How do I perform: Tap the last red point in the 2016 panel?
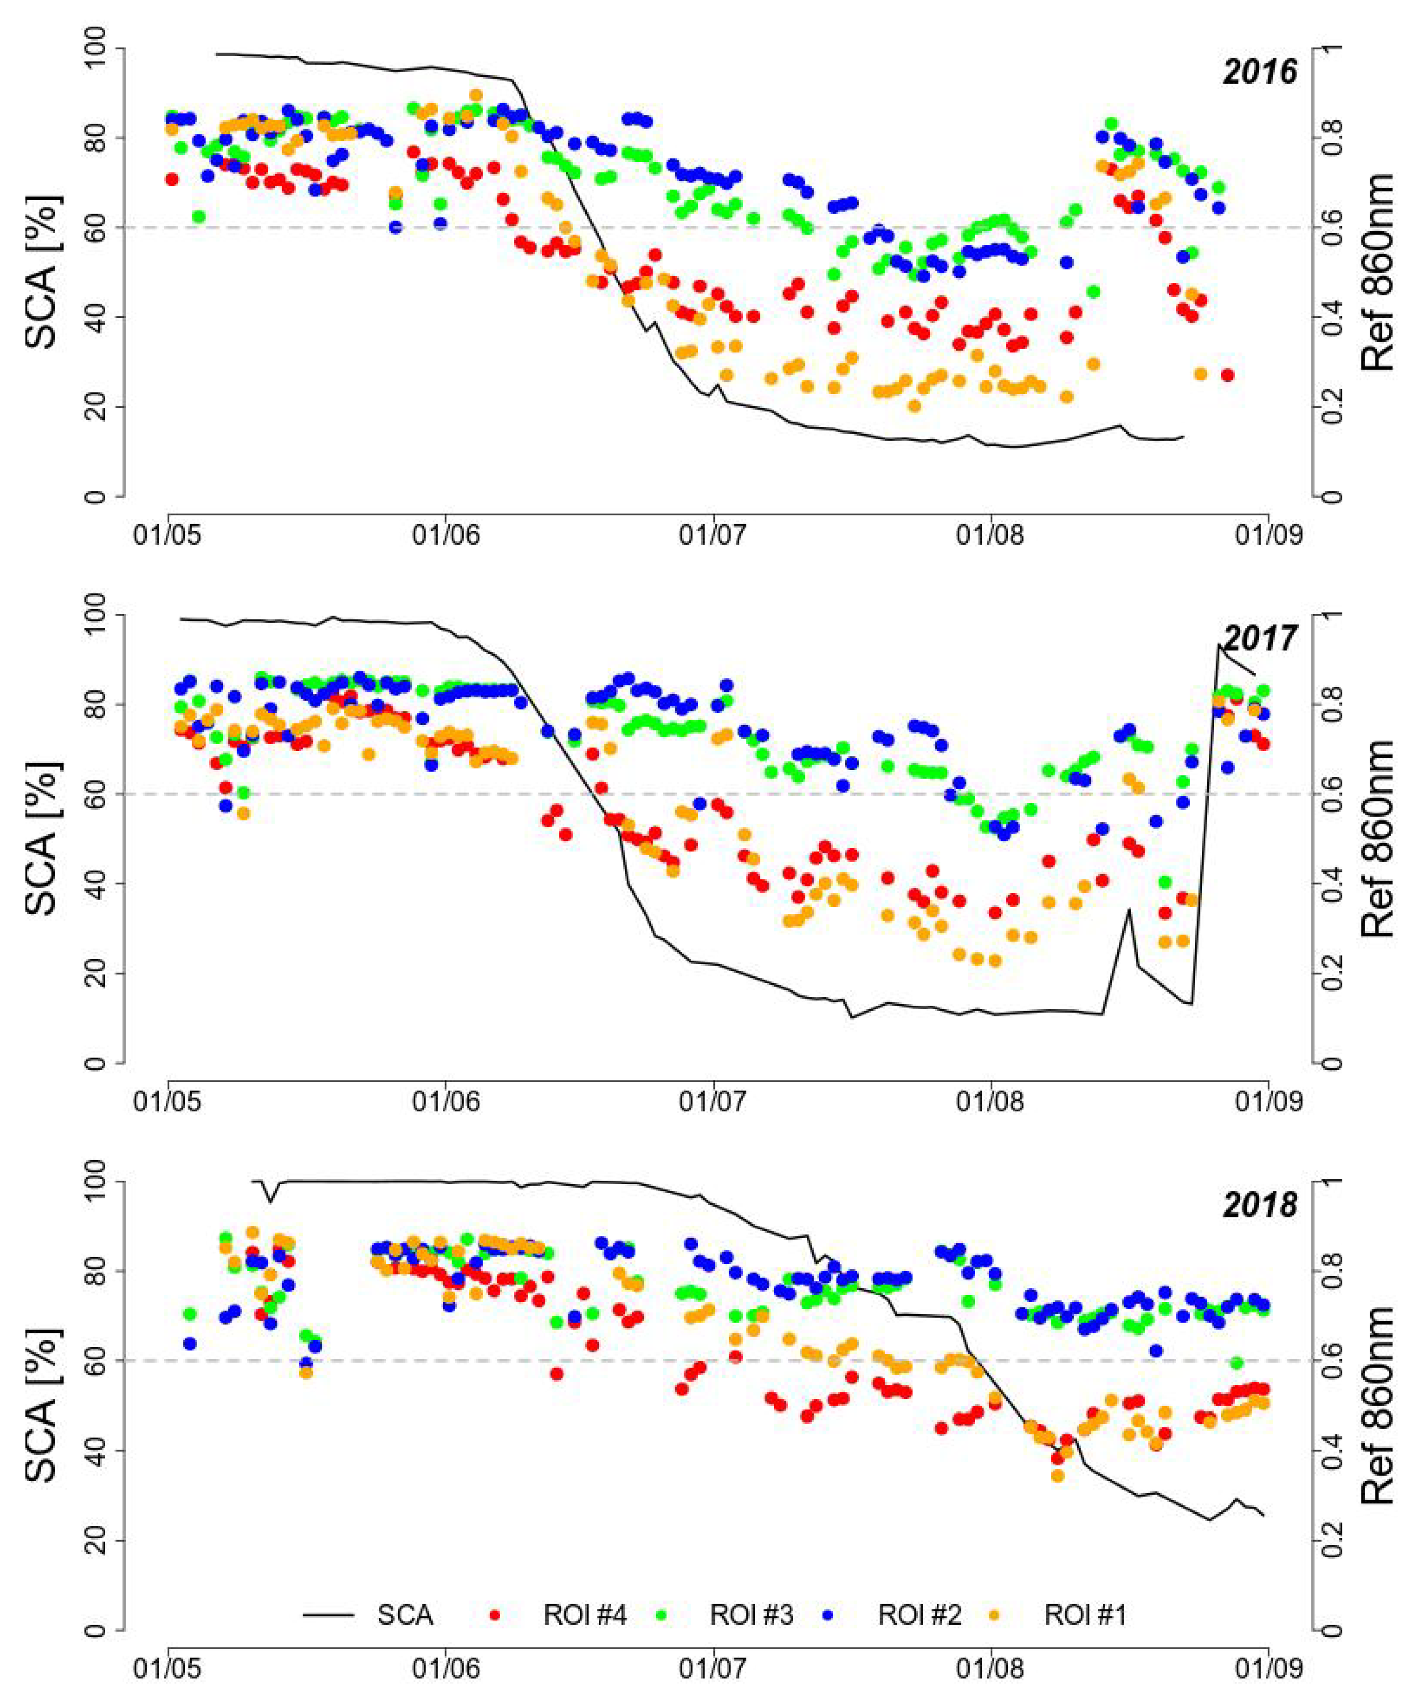pyautogui.click(x=1227, y=375)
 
